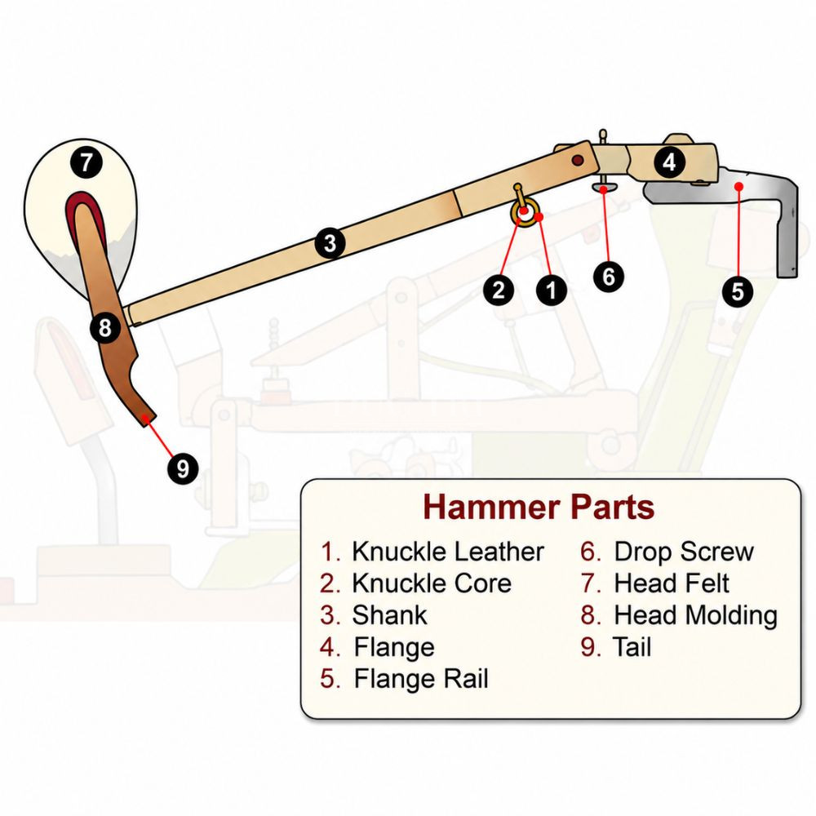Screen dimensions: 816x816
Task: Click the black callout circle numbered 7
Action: tap(86, 162)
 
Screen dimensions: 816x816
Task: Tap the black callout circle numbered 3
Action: tap(330, 243)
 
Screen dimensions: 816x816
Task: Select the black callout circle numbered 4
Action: tap(669, 162)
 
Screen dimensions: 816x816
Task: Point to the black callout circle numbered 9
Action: tap(183, 468)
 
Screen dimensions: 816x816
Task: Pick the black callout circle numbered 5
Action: tap(738, 291)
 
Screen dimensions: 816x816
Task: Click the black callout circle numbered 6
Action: tap(609, 277)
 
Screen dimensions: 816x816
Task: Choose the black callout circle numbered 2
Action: tap(499, 290)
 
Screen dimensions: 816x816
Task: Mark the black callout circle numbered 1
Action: tap(552, 290)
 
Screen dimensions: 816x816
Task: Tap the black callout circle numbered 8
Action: tap(105, 328)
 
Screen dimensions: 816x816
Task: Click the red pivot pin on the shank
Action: tap(577, 160)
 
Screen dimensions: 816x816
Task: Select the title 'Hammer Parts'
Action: tap(539, 507)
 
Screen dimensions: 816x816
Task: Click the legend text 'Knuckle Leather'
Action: tap(447, 552)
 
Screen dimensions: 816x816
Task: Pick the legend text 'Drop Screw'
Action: tap(684, 552)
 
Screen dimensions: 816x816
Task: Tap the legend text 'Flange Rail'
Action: tap(421, 679)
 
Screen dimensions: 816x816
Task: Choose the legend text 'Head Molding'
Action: tap(696, 615)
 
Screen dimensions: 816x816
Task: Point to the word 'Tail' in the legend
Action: tap(632, 647)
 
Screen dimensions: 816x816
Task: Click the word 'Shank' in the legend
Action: tap(389, 615)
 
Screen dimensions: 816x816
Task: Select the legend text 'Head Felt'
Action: tap(672, 583)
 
